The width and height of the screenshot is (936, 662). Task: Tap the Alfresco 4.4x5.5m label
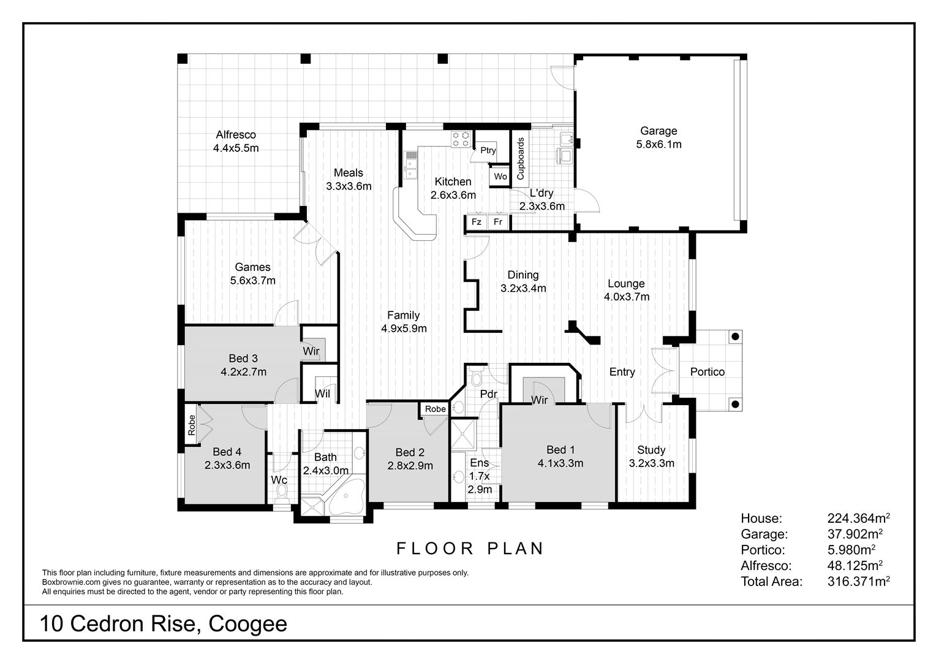point(236,142)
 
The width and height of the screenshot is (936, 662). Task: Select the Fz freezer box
point(477,222)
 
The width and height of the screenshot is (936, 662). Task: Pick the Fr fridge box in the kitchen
point(498,222)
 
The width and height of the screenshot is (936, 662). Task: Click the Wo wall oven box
point(500,177)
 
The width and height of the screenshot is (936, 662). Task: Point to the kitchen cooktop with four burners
point(461,139)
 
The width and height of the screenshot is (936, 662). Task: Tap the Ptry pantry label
point(488,150)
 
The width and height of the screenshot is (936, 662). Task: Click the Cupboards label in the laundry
point(520,159)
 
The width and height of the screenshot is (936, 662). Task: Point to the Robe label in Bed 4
point(191,425)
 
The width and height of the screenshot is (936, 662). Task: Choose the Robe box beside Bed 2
point(435,409)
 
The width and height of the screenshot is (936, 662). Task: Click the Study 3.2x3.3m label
point(651,457)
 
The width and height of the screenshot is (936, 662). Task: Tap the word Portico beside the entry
point(708,372)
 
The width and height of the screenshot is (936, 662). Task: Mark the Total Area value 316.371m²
point(858,581)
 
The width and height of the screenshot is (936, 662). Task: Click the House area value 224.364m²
point(858,519)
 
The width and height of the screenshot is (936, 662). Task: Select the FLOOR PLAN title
point(470,548)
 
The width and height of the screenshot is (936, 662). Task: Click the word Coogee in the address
point(248,625)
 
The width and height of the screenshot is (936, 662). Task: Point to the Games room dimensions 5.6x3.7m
point(253,280)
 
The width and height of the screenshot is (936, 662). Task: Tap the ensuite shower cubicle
point(463,435)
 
